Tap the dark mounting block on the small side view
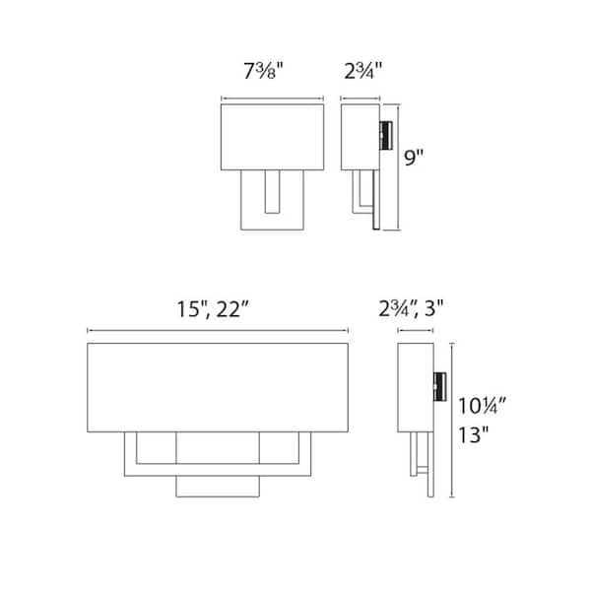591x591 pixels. tap(387, 135)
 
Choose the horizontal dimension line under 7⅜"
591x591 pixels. tap(272, 98)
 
